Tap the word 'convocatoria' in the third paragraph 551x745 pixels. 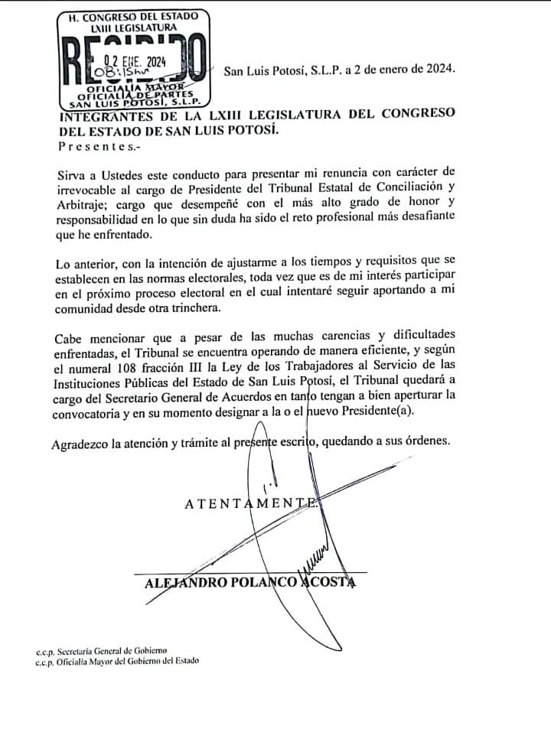pyautogui.click(x=90, y=412)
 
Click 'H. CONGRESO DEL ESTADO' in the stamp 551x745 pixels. pyautogui.click(x=127, y=15)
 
